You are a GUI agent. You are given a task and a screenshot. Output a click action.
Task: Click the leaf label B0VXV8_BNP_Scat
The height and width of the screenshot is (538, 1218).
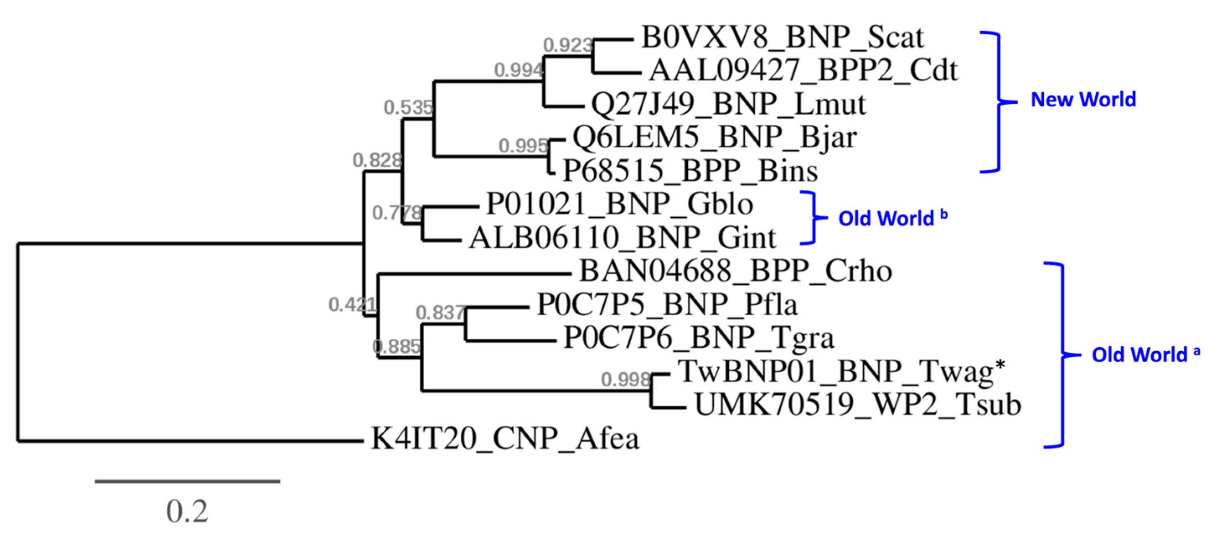[782, 37]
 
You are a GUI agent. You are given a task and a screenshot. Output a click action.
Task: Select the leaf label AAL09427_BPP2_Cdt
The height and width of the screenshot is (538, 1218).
[803, 71]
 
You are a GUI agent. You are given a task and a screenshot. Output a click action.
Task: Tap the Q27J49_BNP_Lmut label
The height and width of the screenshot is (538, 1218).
[728, 104]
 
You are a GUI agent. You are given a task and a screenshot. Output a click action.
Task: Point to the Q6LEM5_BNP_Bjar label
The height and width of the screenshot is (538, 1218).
[715, 138]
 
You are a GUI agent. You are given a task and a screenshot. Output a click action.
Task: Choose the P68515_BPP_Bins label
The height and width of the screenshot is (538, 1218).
[690, 171]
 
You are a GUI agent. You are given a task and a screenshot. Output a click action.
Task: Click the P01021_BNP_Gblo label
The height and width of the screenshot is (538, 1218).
[619, 204]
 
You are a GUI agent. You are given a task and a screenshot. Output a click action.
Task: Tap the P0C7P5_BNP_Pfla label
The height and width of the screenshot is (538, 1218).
[667, 304]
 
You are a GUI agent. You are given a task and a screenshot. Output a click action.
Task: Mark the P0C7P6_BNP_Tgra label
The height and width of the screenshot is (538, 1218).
[699, 338]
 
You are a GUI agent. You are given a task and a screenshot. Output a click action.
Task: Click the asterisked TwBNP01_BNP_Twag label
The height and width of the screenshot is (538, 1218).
[841, 372]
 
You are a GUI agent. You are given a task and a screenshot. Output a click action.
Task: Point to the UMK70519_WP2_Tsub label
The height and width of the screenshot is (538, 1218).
[858, 405]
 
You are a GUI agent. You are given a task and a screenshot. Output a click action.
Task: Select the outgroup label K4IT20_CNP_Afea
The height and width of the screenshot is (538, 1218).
[505, 439]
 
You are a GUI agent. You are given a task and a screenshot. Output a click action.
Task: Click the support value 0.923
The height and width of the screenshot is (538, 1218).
[568, 45]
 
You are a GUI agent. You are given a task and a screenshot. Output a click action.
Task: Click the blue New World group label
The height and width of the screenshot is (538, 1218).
[1083, 100]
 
